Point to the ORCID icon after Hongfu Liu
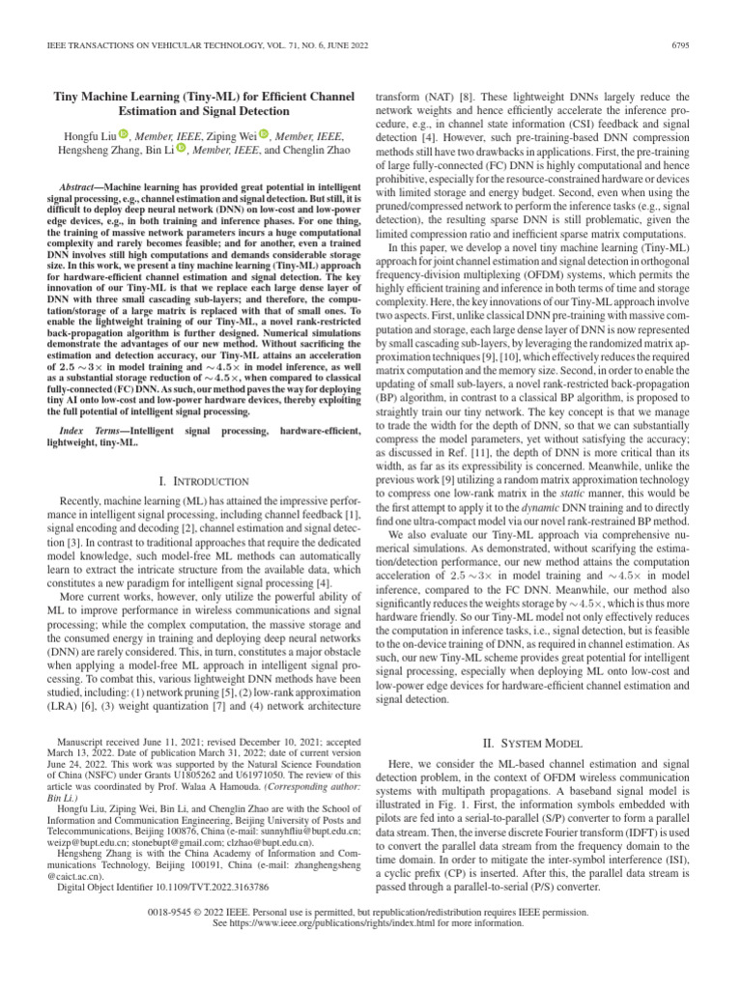(123, 135)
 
